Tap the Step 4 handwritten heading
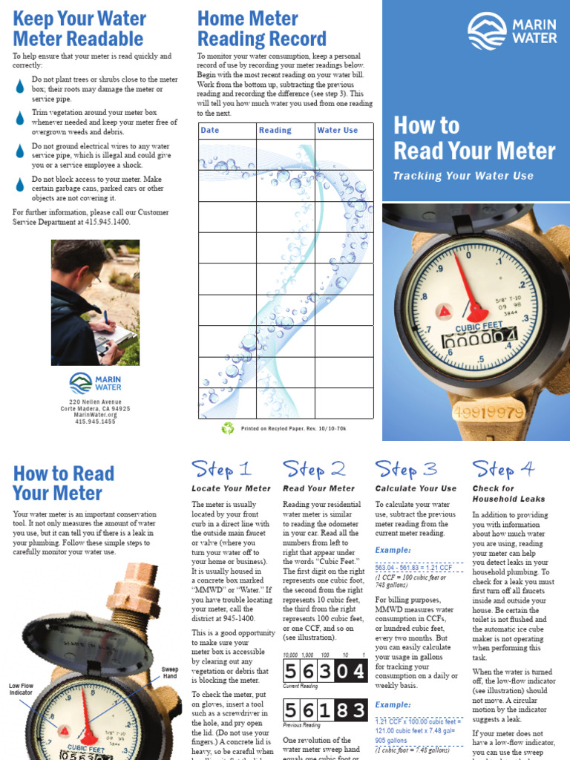(503, 469)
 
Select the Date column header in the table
(210, 131)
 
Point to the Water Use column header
(338, 131)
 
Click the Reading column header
(275, 131)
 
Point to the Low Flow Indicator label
(22, 689)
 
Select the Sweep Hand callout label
(170, 673)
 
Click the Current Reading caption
(301, 687)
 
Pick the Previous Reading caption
(303, 725)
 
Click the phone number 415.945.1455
(95, 422)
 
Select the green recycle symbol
(228, 428)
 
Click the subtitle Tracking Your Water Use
(463, 176)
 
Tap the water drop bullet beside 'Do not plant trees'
(20, 86)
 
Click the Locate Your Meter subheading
(231, 488)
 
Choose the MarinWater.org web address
(95, 415)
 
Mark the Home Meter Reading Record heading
(261, 28)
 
